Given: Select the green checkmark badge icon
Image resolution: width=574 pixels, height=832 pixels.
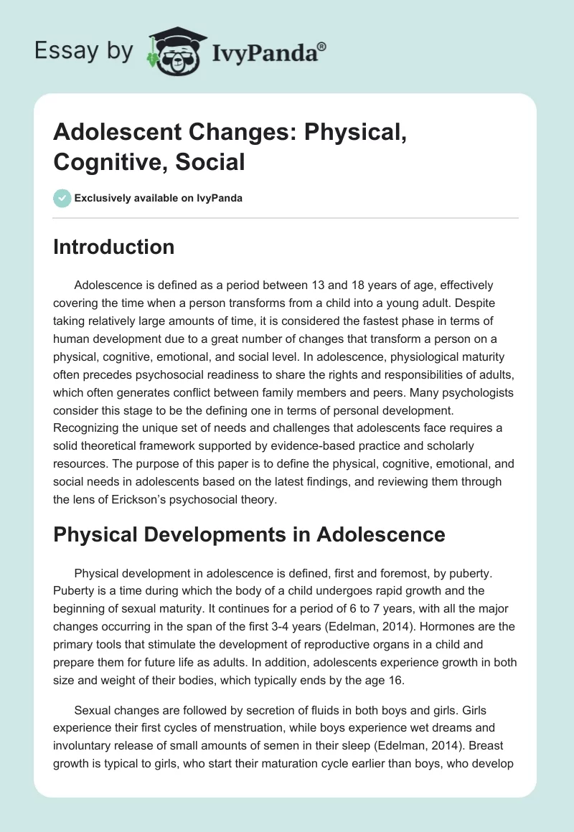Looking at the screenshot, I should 62,198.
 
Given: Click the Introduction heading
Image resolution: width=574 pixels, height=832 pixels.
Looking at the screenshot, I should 113,247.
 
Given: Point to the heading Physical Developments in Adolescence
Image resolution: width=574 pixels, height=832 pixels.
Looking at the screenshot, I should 249,534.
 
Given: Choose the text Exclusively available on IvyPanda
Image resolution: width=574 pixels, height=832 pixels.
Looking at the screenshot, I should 158,198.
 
